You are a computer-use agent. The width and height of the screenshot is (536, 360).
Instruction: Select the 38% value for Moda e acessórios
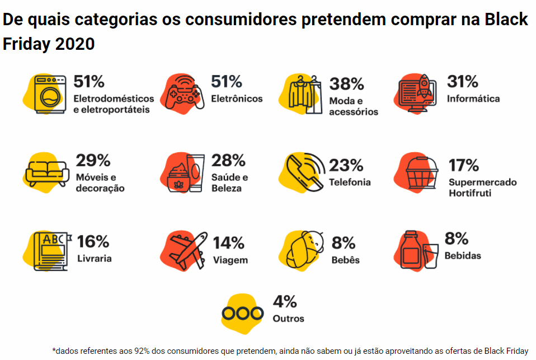coord(347,84)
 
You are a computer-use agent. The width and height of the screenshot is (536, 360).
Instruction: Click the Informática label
coord(473,99)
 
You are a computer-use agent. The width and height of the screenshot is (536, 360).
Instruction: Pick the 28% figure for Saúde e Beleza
coord(228,161)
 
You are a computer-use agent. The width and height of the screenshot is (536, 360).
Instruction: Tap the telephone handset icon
coord(304,170)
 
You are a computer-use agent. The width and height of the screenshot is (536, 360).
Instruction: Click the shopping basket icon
coord(421,171)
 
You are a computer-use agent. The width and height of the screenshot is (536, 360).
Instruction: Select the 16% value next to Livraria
coord(93,241)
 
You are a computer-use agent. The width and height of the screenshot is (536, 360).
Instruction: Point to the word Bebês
coord(345,260)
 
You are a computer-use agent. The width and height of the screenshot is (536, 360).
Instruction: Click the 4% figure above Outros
coord(284,302)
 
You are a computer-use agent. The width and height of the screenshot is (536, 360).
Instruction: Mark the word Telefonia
coord(350,182)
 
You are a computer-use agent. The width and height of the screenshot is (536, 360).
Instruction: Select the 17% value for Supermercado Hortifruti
coord(463,165)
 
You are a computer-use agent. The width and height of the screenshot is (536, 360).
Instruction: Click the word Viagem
coord(230,260)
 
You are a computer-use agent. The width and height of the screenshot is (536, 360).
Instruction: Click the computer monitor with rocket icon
coord(416,92)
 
